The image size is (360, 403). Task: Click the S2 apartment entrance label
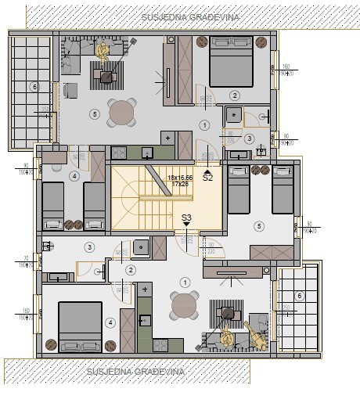click(x=208, y=178)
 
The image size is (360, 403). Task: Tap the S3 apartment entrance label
click(x=186, y=217)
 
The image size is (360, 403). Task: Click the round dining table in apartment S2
click(x=122, y=113)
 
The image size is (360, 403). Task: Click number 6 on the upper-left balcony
click(x=33, y=86)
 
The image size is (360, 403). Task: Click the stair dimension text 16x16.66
click(x=180, y=178)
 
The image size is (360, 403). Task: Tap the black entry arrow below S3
click(x=186, y=225)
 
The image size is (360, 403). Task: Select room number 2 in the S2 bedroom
click(x=233, y=95)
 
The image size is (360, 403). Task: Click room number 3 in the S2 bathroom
click(x=249, y=139)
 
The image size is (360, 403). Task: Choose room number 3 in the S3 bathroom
click(x=89, y=247)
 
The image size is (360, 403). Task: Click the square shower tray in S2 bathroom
click(x=233, y=117)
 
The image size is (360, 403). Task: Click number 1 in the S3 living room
click(x=185, y=282)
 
